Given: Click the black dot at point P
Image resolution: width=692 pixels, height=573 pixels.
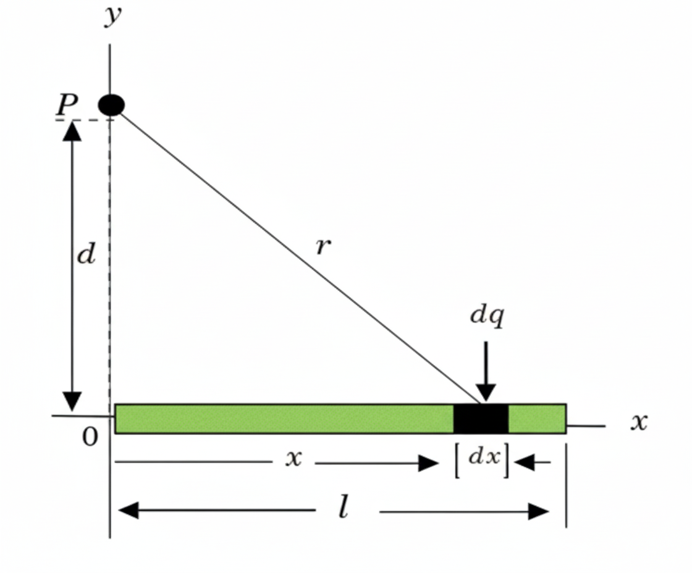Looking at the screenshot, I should pos(111,105).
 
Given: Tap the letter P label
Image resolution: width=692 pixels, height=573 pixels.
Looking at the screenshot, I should pos(66,105).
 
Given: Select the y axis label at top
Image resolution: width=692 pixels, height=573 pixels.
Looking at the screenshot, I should pos(111,16).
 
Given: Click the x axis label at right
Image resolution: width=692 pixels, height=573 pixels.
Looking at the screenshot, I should pos(639,422).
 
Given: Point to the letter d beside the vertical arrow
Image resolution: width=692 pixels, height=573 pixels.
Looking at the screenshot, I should pos(86,254).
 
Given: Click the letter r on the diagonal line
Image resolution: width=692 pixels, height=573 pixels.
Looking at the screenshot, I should pos(323,246).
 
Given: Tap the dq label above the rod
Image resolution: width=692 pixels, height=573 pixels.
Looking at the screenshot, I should pos(487,315).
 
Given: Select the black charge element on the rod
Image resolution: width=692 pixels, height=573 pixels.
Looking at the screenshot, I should pos(481,419).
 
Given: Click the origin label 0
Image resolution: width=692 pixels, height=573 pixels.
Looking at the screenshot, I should pos(90,437).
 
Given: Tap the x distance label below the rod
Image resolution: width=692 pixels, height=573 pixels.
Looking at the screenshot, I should pos(294,458).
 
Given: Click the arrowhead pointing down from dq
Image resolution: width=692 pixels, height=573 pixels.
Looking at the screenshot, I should pos(486,391).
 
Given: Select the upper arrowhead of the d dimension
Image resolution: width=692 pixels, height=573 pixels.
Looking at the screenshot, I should pos(72,131).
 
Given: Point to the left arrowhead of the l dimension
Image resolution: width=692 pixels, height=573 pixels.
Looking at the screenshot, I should pos(127,511).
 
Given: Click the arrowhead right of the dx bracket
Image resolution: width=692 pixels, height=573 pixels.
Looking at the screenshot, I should pos(523,462).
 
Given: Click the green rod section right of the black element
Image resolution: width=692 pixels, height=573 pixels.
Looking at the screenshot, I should pos(536,419).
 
